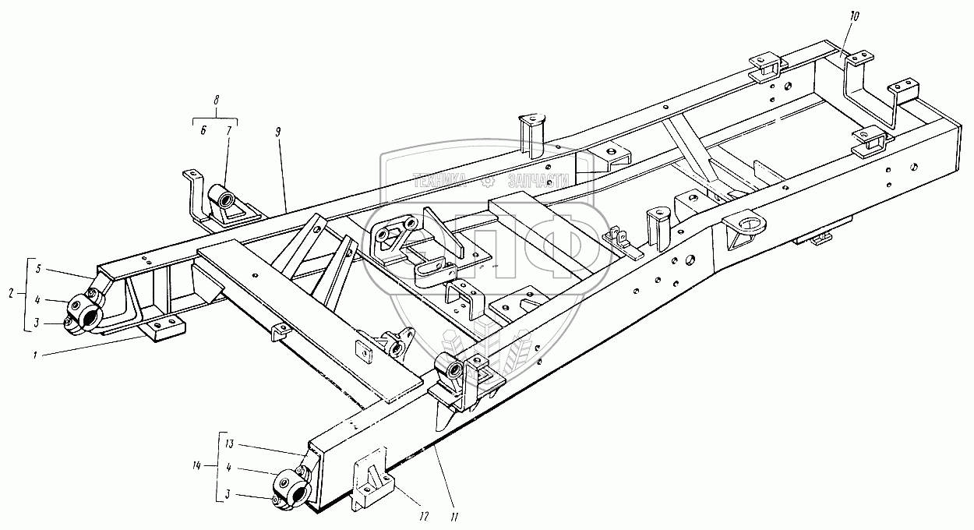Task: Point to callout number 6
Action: coord(203,131)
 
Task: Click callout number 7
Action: coord(229,131)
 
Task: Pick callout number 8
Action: coord(216,100)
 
